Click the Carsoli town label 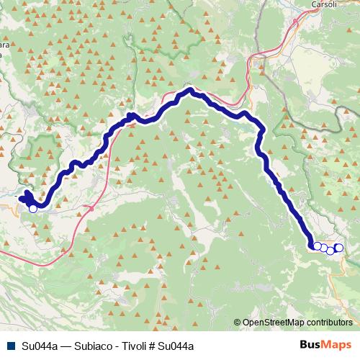(324, 4)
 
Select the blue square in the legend (9, 346)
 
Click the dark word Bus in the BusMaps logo (312, 346)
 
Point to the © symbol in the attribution (238, 323)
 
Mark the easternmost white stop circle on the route (339, 248)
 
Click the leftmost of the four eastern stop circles (317, 247)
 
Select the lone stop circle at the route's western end (32, 209)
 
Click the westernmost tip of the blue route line (20, 196)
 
